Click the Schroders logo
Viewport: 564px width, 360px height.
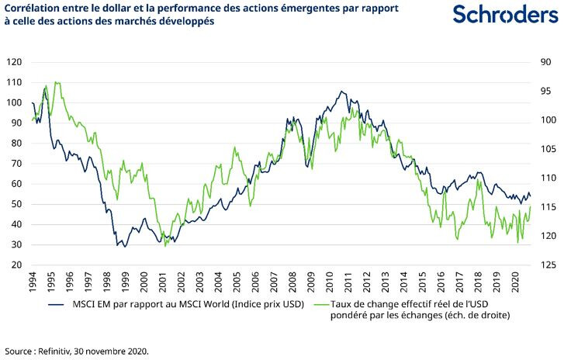coord(498,15)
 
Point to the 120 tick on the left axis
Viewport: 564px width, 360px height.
coord(13,62)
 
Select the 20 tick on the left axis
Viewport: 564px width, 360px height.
coord(15,265)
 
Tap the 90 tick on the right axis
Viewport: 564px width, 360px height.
coord(546,62)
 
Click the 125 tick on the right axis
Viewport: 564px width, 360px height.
coord(546,265)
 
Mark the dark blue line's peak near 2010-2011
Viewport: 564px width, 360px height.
coord(343,91)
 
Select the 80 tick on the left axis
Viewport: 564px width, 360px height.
coord(15,143)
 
